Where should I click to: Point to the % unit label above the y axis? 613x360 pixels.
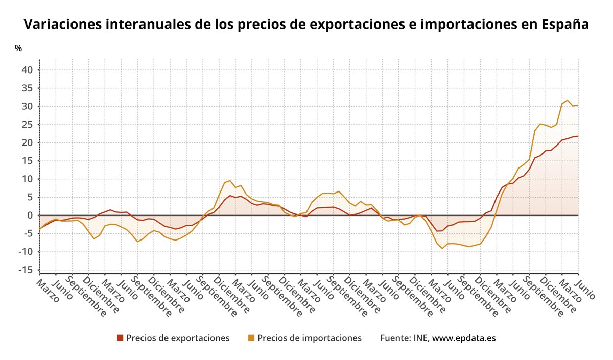[18, 49]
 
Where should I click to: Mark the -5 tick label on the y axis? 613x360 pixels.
[28, 233]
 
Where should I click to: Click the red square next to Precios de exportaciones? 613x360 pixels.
[120, 338]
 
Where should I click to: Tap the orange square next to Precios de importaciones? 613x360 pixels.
[251, 338]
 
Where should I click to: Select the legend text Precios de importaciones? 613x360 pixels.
[309, 338]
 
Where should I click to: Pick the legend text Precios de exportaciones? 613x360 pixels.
[177, 338]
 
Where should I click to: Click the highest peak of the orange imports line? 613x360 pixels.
[567, 100]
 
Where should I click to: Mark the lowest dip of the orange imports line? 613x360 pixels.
[442, 248]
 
